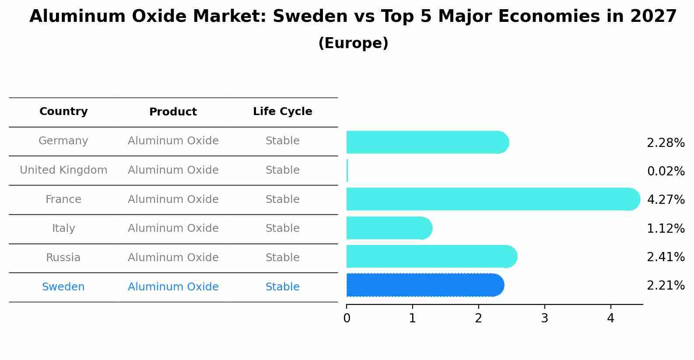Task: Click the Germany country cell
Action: coord(63,141)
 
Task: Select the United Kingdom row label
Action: coord(63,170)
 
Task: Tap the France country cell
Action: coord(63,199)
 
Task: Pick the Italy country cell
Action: coord(63,228)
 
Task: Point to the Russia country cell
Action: coord(63,258)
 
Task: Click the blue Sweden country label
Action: coord(63,287)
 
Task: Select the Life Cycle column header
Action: coord(283,111)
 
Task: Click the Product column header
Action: coord(173,112)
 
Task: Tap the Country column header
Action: coord(63,111)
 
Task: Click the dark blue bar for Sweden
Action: coord(425,285)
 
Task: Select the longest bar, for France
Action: coord(493,199)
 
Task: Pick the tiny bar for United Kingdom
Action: coord(347,171)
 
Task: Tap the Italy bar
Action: coord(389,228)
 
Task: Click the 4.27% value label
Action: coord(666,199)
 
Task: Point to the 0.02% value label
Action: coord(666,171)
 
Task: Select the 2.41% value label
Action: coord(666,257)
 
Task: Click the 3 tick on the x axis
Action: coord(545,318)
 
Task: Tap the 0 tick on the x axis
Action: coord(347,318)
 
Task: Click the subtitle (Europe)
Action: coord(353,43)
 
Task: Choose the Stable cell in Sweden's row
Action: coord(283,287)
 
